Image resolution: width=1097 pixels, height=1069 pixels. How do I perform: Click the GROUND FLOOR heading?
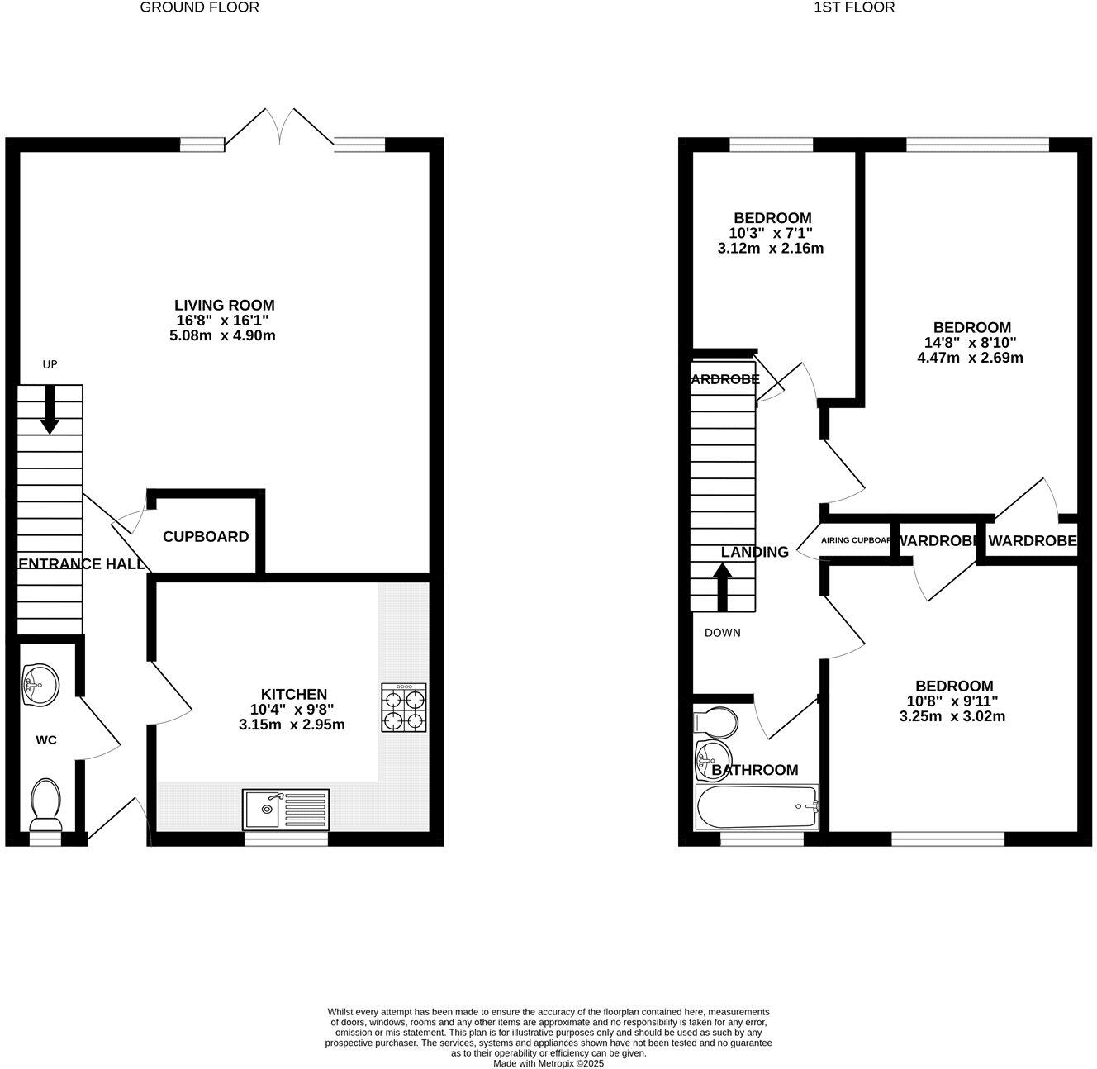click(199, 7)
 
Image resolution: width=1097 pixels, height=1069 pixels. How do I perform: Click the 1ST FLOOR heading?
click(854, 7)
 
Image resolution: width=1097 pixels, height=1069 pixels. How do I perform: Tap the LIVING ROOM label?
click(224, 306)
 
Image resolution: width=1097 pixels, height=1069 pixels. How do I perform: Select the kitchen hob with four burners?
click(404, 707)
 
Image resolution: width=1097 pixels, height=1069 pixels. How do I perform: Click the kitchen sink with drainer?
click(285, 810)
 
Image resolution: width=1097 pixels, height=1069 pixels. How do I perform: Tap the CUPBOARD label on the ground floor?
click(206, 537)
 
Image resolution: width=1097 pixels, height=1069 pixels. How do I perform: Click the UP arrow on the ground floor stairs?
click(50, 409)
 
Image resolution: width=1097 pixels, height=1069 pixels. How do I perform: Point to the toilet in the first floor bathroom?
click(716, 721)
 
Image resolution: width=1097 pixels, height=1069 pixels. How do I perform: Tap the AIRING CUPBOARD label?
click(856, 541)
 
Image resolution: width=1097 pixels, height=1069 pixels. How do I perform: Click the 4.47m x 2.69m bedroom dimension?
click(970, 358)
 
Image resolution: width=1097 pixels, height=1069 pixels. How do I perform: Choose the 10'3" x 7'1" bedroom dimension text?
click(770, 234)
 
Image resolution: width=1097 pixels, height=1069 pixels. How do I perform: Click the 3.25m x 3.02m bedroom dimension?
click(952, 716)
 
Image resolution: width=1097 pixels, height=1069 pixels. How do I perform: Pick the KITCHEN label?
click(294, 694)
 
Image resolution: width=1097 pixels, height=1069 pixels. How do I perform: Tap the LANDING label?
click(754, 552)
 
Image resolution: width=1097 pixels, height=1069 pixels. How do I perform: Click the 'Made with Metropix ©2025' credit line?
click(548, 1063)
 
